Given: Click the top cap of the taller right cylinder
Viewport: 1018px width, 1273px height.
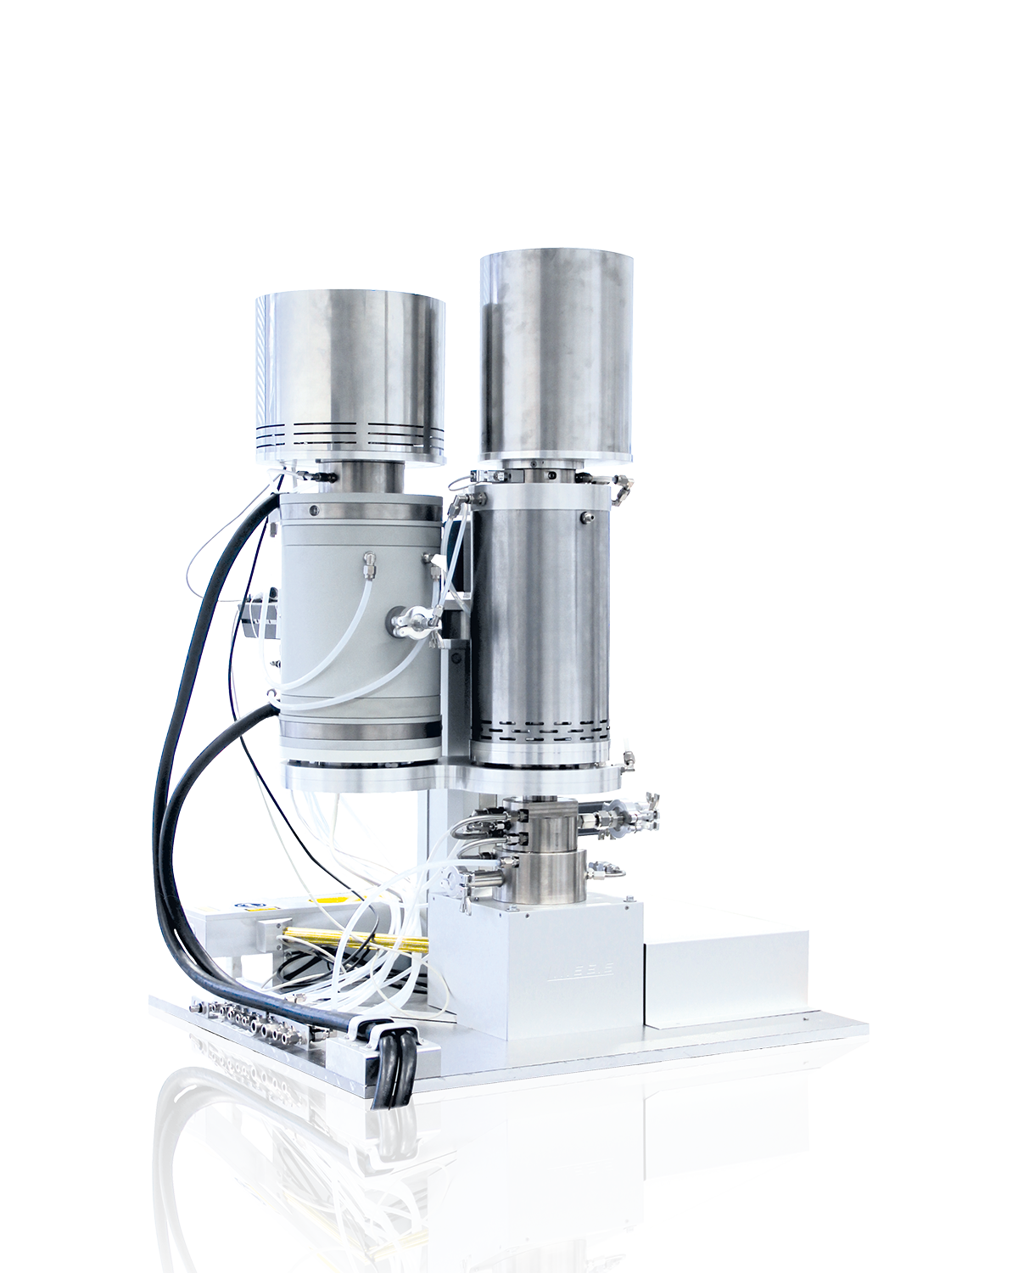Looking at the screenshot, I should pos(556,258).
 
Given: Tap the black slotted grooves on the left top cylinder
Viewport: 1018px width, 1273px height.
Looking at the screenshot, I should pos(351,429).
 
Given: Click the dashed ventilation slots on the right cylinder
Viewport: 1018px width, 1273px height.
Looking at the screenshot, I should pos(540,728).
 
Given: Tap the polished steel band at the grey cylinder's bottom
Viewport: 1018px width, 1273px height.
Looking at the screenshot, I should pos(363,732).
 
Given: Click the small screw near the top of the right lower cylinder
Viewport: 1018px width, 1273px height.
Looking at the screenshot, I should pos(585,516).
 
